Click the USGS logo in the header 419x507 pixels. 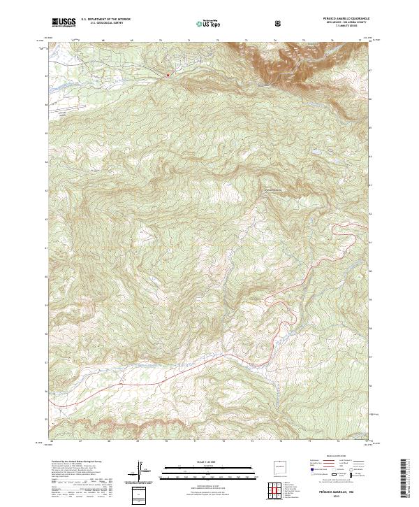(x=64, y=22)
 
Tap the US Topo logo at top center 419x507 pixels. (x=209, y=23)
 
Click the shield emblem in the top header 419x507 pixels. (x=279, y=23)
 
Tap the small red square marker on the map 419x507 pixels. (x=168, y=75)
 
